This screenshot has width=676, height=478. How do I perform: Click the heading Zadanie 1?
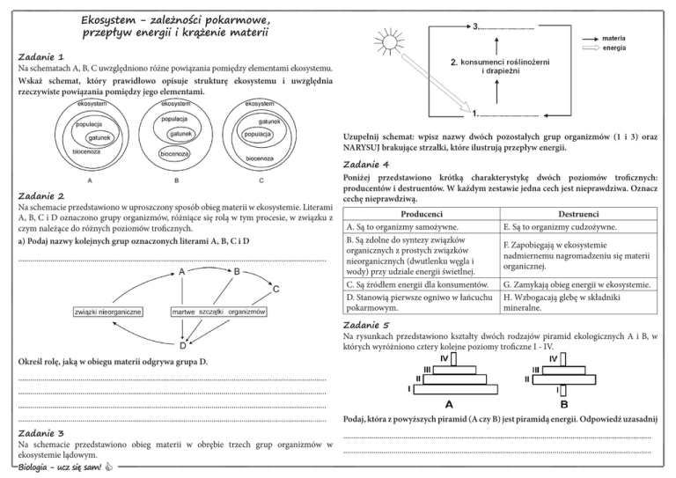click(40, 55)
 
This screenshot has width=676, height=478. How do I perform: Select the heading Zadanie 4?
click(364, 164)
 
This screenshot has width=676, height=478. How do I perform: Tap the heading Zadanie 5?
click(364, 324)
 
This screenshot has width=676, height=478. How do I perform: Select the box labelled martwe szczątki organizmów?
click(217, 312)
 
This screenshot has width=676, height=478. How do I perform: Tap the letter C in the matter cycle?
click(276, 288)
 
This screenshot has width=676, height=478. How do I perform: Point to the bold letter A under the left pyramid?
click(450, 406)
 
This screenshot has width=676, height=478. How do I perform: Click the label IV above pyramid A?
click(445, 358)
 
